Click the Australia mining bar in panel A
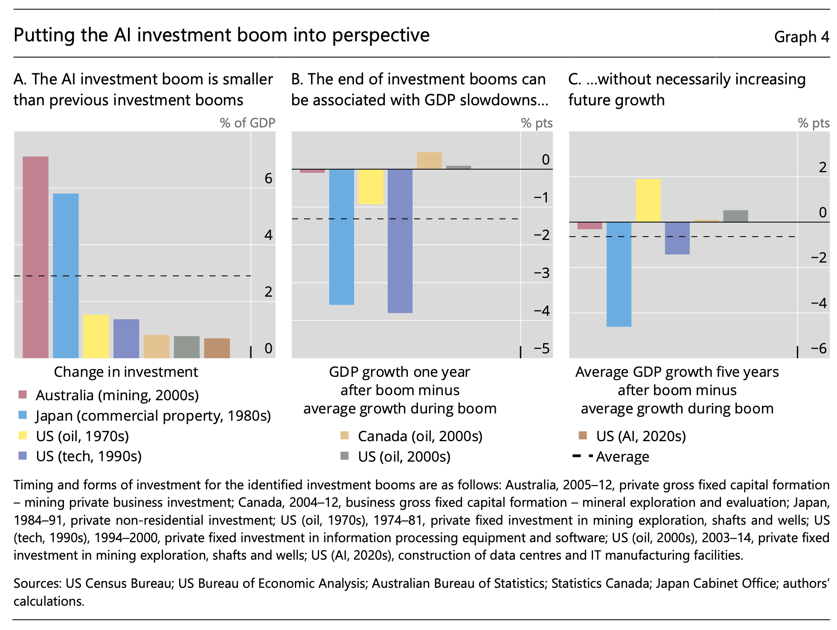click(x=35, y=257)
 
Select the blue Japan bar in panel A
click(x=66, y=276)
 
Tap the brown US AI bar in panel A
click(x=217, y=348)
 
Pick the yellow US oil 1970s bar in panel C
click(x=648, y=200)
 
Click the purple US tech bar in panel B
click(x=400, y=241)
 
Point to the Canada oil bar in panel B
click(x=429, y=161)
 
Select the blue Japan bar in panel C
click(x=619, y=275)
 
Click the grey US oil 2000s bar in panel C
click(x=735, y=216)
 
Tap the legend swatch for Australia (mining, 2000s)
click(x=23, y=395)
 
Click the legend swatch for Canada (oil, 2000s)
click(x=344, y=436)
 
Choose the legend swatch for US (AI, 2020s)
click(x=583, y=436)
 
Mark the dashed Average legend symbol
click(x=583, y=456)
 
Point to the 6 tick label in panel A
click(x=268, y=178)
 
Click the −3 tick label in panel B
click(x=542, y=273)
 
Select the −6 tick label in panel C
click(x=819, y=348)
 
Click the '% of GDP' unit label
click(x=247, y=123)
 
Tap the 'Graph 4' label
click(x=802, y=37)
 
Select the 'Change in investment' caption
click(x=126, y=372)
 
